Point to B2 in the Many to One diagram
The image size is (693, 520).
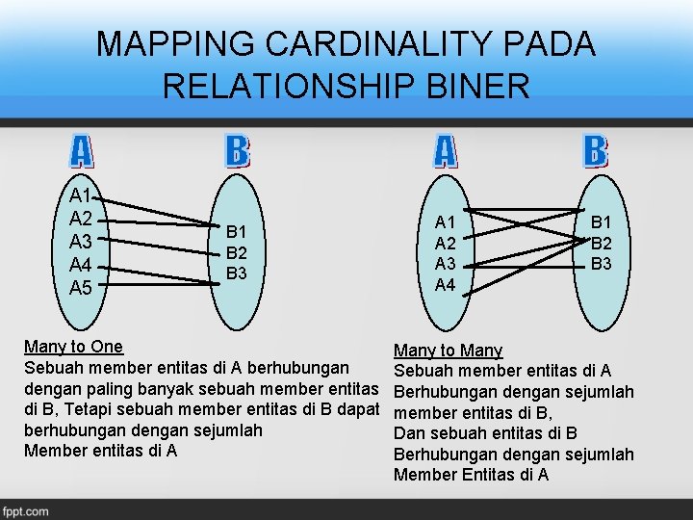pos(238,252)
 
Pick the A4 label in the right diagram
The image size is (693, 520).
pos(447,285)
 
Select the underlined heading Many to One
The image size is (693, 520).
pos(73,347)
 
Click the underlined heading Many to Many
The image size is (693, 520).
pos(448,351)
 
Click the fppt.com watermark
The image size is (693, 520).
pos(26,511)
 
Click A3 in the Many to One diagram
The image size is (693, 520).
pos(81,242)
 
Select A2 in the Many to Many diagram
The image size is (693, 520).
pos(447,245)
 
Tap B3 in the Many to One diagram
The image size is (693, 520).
pos(238,273)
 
